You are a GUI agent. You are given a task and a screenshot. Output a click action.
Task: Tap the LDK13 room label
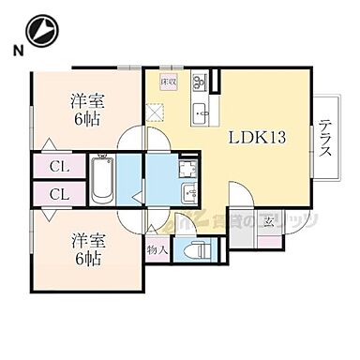click(257, 138)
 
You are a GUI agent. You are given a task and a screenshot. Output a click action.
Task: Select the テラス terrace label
click(323, 139)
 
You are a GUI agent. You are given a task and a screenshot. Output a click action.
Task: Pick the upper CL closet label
click(56, 168)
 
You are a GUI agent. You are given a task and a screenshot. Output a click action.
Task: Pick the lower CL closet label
click(56, 195)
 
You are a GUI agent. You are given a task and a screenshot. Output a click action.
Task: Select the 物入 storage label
click(157, 250)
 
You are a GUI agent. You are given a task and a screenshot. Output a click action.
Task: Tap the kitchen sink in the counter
click(202, 115)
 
